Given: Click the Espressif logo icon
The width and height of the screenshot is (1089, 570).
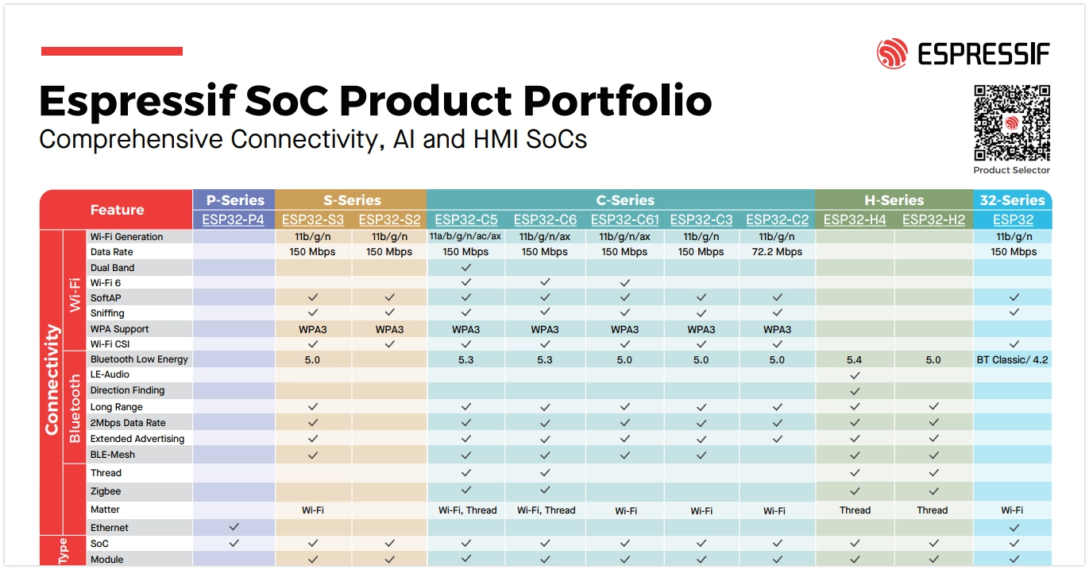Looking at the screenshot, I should click(x=892, y=54).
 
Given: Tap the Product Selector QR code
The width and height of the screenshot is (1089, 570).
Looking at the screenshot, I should click(x=1012, y=123).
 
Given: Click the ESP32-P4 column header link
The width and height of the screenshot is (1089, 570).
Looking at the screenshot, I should click(x=234, y=220).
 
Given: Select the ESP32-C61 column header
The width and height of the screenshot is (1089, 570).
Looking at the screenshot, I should click(x=624, y=220).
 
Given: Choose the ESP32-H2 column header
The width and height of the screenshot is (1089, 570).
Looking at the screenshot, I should click(x=933, y=220).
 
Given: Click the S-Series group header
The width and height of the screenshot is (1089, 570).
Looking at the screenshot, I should click(x=351, y=200).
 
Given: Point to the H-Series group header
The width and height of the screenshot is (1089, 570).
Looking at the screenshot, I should click(x=894, y=200).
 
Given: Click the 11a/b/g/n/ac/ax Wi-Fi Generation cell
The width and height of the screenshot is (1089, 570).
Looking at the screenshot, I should click(x=465, y=237).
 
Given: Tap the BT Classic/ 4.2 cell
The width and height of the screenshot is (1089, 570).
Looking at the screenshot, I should click(x=1012, y=360).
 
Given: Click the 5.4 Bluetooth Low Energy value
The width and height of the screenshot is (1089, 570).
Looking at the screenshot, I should click(x=855, y=360).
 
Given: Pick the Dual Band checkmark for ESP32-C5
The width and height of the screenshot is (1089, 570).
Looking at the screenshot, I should click(x=466, y=268).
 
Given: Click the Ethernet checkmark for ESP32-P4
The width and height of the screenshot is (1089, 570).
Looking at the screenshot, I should click(x=234, y=527).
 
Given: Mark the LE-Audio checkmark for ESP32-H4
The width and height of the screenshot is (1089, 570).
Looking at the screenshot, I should click(x=855, y=374).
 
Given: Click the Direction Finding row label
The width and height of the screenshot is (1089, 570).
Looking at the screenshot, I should click(x=127, y=390).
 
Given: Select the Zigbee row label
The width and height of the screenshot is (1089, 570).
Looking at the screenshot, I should click(x=106, y=491).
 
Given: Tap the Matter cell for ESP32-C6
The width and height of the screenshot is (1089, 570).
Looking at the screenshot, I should click(x=546, y=510).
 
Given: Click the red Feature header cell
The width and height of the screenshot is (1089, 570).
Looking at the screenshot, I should click(x=117, y=210).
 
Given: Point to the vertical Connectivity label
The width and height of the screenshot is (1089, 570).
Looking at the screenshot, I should click(x=52, y=379).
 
